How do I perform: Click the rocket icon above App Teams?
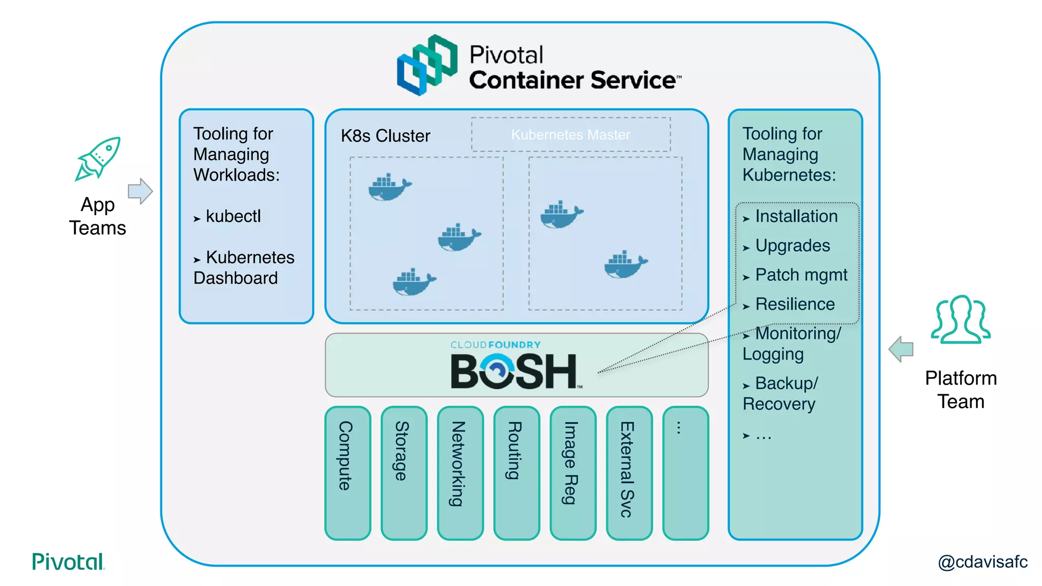(98, 159)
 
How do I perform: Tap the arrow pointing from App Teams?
(140, 191)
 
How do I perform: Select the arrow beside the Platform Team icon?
(901, 349)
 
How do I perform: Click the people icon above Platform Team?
(961, 319)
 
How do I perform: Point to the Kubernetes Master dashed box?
(570, 135)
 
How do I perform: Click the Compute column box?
(348, 473)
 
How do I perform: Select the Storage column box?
(404, 473)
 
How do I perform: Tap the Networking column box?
(460, 473)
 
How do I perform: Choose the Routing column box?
(516, 473)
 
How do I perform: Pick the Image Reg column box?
(573, 473)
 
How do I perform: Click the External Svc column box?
(629, 473)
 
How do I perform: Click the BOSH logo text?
(514, 371)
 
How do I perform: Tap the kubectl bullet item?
(233, 216)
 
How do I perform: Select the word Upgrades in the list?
(792, 246)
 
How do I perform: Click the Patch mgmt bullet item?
(801, 275)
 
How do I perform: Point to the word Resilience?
(795, 304)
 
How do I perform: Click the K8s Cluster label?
(385, 136)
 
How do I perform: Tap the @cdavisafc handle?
(982, 562)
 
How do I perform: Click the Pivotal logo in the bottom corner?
(68, 562)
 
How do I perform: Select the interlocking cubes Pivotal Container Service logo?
(427, 65)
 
